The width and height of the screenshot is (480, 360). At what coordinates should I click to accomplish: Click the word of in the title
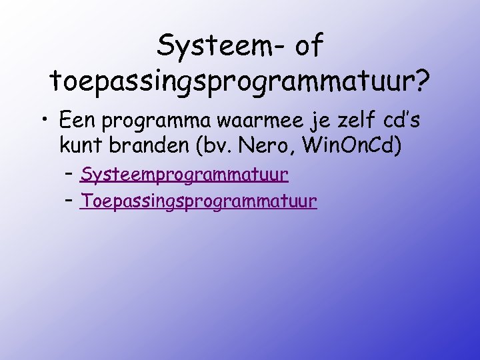coord(308,47)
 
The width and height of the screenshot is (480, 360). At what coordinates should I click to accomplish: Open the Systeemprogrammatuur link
coord(184,175)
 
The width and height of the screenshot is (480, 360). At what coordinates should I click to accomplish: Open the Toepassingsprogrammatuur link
coord(198,201)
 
